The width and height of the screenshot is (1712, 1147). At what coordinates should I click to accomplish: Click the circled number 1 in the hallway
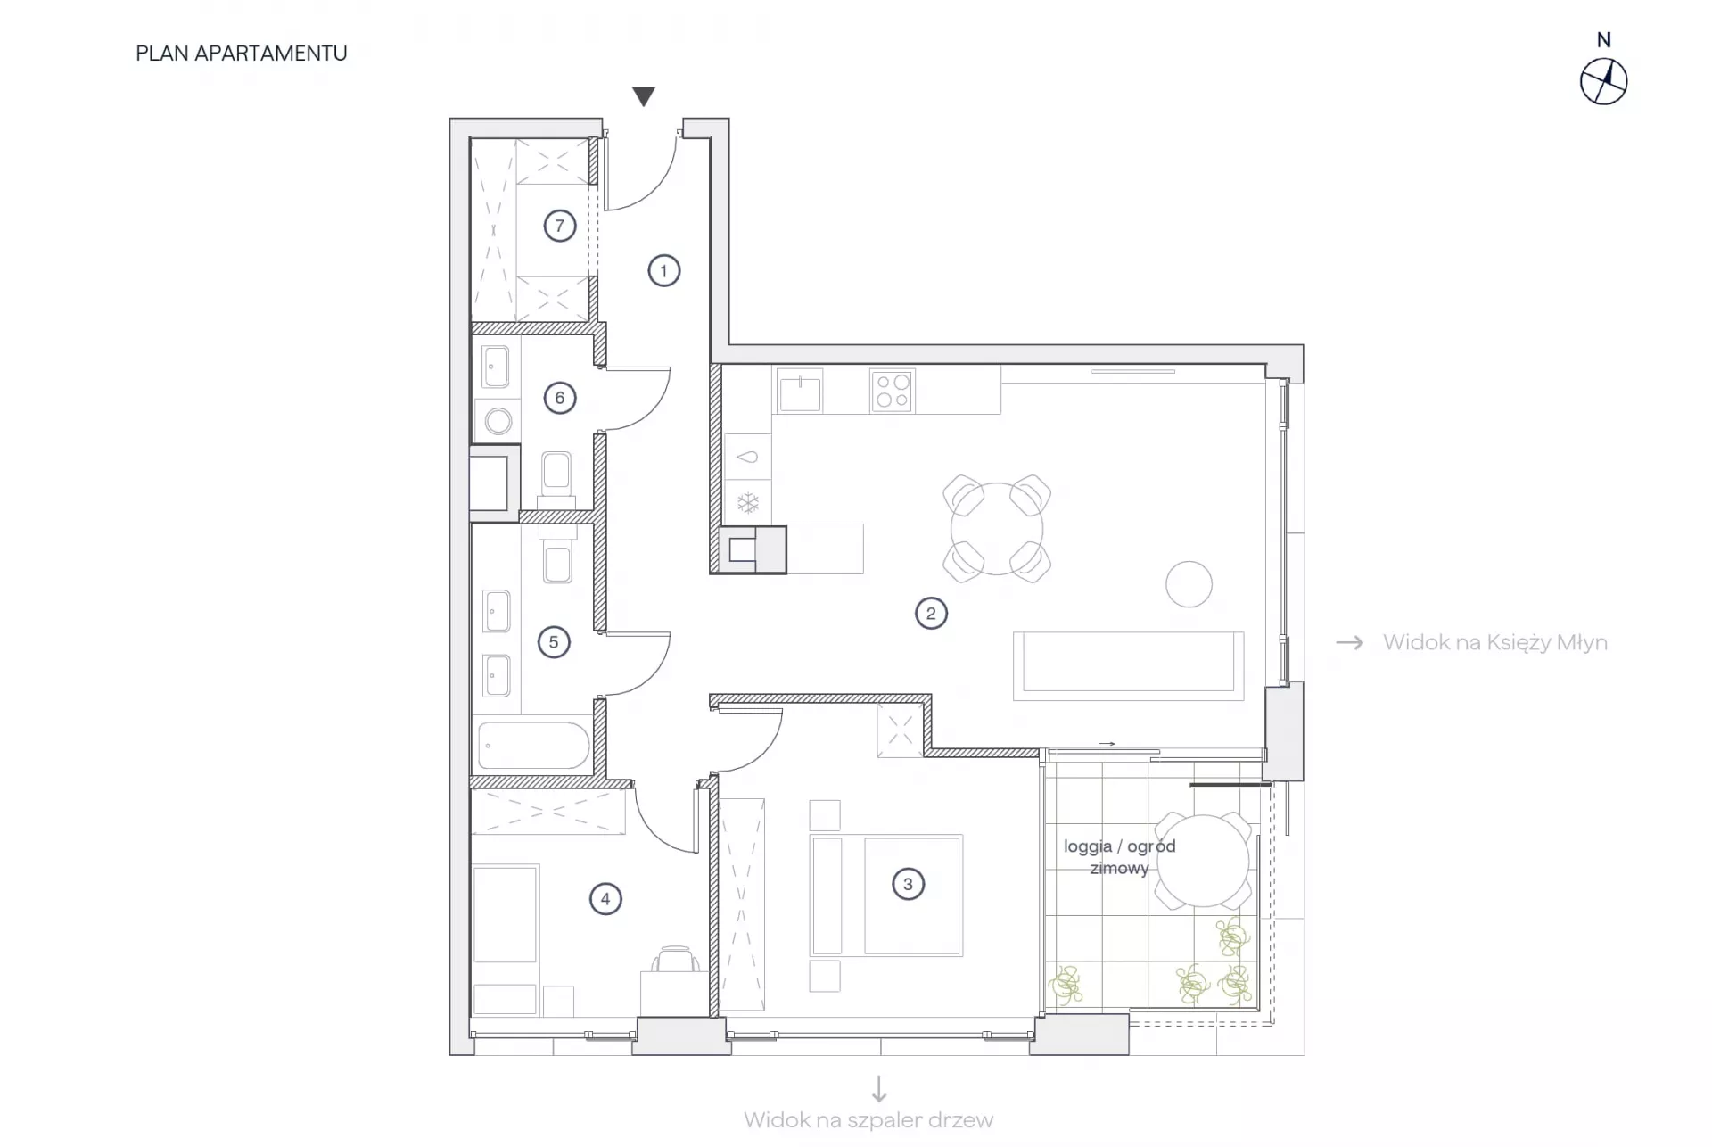[663, 270]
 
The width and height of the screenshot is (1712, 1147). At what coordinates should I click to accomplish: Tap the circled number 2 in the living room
[931, 613]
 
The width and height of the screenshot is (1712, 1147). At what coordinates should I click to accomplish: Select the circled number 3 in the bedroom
[908, 884]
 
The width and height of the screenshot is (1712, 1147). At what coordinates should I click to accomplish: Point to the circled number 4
[605, 899]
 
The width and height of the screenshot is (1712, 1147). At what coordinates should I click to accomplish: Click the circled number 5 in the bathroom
[554, 642]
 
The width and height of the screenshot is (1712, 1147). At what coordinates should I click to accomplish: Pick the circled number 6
[560, 398]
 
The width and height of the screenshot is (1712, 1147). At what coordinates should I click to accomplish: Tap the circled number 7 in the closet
[560, 226]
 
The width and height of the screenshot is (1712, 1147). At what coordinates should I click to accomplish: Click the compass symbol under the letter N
[1603, 82]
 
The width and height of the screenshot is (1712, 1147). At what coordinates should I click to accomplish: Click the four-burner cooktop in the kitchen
[892, 391]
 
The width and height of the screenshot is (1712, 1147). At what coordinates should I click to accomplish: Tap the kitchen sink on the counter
[800, 392]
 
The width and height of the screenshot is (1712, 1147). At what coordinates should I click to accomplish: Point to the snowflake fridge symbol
[748, 504]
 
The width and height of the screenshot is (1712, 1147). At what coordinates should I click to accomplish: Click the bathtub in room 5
[532, 745]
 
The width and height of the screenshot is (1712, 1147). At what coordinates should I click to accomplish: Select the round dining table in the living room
[997, 529]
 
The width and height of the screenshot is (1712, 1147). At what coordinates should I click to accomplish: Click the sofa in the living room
[1129, 666]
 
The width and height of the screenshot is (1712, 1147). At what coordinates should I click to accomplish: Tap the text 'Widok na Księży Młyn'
[1495, 642]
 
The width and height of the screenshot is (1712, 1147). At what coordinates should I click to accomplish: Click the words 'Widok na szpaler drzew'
[868, 1120]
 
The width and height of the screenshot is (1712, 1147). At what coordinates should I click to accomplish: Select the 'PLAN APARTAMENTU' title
[242, 54]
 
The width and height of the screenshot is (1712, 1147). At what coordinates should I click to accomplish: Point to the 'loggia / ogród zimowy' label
[1120, 856]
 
